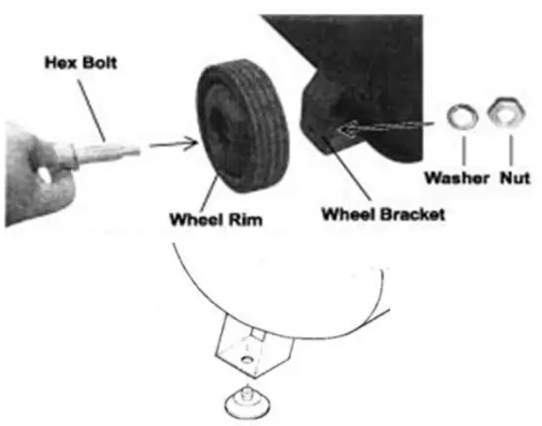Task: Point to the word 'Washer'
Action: tap(453, 178)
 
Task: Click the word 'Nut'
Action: tap(514, 178)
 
